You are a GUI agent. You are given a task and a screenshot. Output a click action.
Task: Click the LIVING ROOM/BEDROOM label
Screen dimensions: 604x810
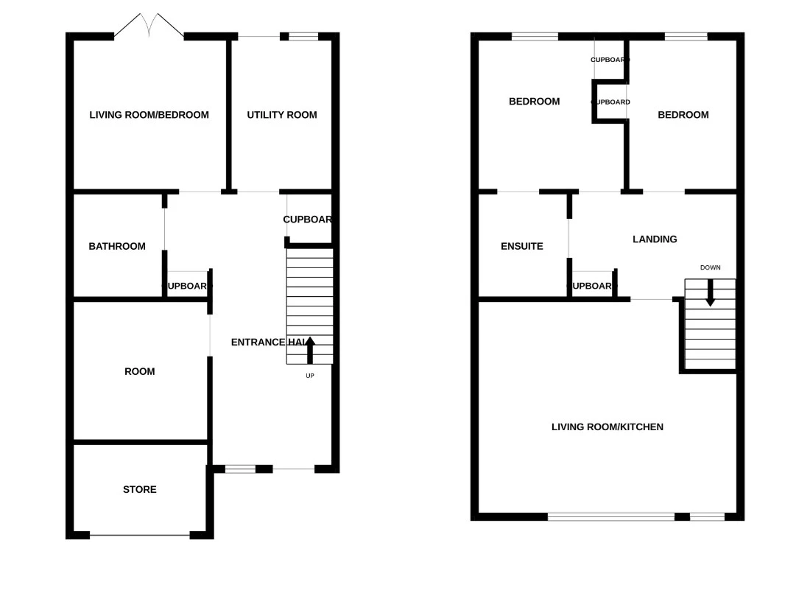pyautogui.click(x=149, y=115)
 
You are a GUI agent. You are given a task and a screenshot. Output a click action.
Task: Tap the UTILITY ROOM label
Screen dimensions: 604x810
pyautogui.click(x=282, y=115)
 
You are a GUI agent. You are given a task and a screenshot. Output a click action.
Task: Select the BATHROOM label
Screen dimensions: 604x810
pyautogui.click(x=117, y=247)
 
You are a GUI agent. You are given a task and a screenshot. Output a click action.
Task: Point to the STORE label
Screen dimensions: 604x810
pyautogui.click(x=140, y=490)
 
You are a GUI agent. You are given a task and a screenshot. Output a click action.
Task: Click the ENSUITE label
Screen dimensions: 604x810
pyautogui.click(x=522, y=247)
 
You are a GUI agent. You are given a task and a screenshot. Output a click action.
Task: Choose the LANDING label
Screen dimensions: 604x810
pyautogui.click(x=655, y=239)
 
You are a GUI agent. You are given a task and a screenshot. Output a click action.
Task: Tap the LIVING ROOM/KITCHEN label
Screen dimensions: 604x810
pyautogui.click(x=607, y=427)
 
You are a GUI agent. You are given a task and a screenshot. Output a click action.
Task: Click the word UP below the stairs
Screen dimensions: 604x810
pyautogui.click(x=310, y=376)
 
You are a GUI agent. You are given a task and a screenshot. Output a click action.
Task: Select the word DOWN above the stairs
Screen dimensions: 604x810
pyautogui.click(x=711, y=267)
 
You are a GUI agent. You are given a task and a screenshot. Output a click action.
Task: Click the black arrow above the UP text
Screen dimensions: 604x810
pyautogui.click(x=310, y=349)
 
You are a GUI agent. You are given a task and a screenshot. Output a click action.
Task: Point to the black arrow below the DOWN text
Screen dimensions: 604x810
pyautogui.click(x=711, y=293)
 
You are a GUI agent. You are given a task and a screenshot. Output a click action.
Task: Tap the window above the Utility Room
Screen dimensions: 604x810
pyautogui.click(x=303, y=36)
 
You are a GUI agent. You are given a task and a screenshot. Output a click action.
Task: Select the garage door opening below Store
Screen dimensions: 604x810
pyautogui.click(x=140, y=535)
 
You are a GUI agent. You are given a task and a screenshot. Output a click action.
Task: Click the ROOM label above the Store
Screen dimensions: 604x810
pyautogui.click(x=140, y=372)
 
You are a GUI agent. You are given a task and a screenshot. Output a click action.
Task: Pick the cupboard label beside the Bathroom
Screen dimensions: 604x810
pyautogui.click(x=187, y=286)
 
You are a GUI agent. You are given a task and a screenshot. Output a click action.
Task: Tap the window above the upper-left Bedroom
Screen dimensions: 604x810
pyautogui.click(x=535, y=36)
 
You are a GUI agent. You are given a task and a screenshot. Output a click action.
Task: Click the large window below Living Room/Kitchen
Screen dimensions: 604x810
pyautogui.click(x=611, y=517)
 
